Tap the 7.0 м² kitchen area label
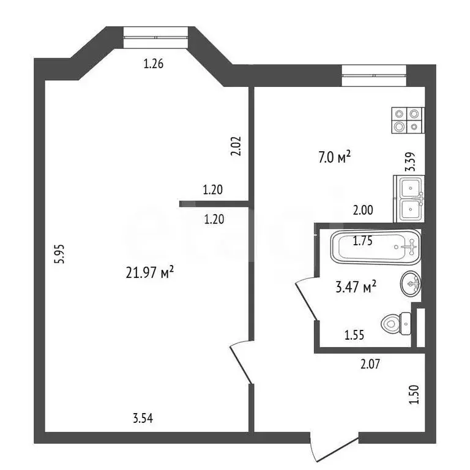334,158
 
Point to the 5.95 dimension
59,253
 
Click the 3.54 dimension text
143,419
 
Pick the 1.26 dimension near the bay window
153,63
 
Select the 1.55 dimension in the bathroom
356,335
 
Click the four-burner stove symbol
407,120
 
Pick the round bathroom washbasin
410,283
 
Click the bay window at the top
155,36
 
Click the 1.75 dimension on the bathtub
363,241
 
